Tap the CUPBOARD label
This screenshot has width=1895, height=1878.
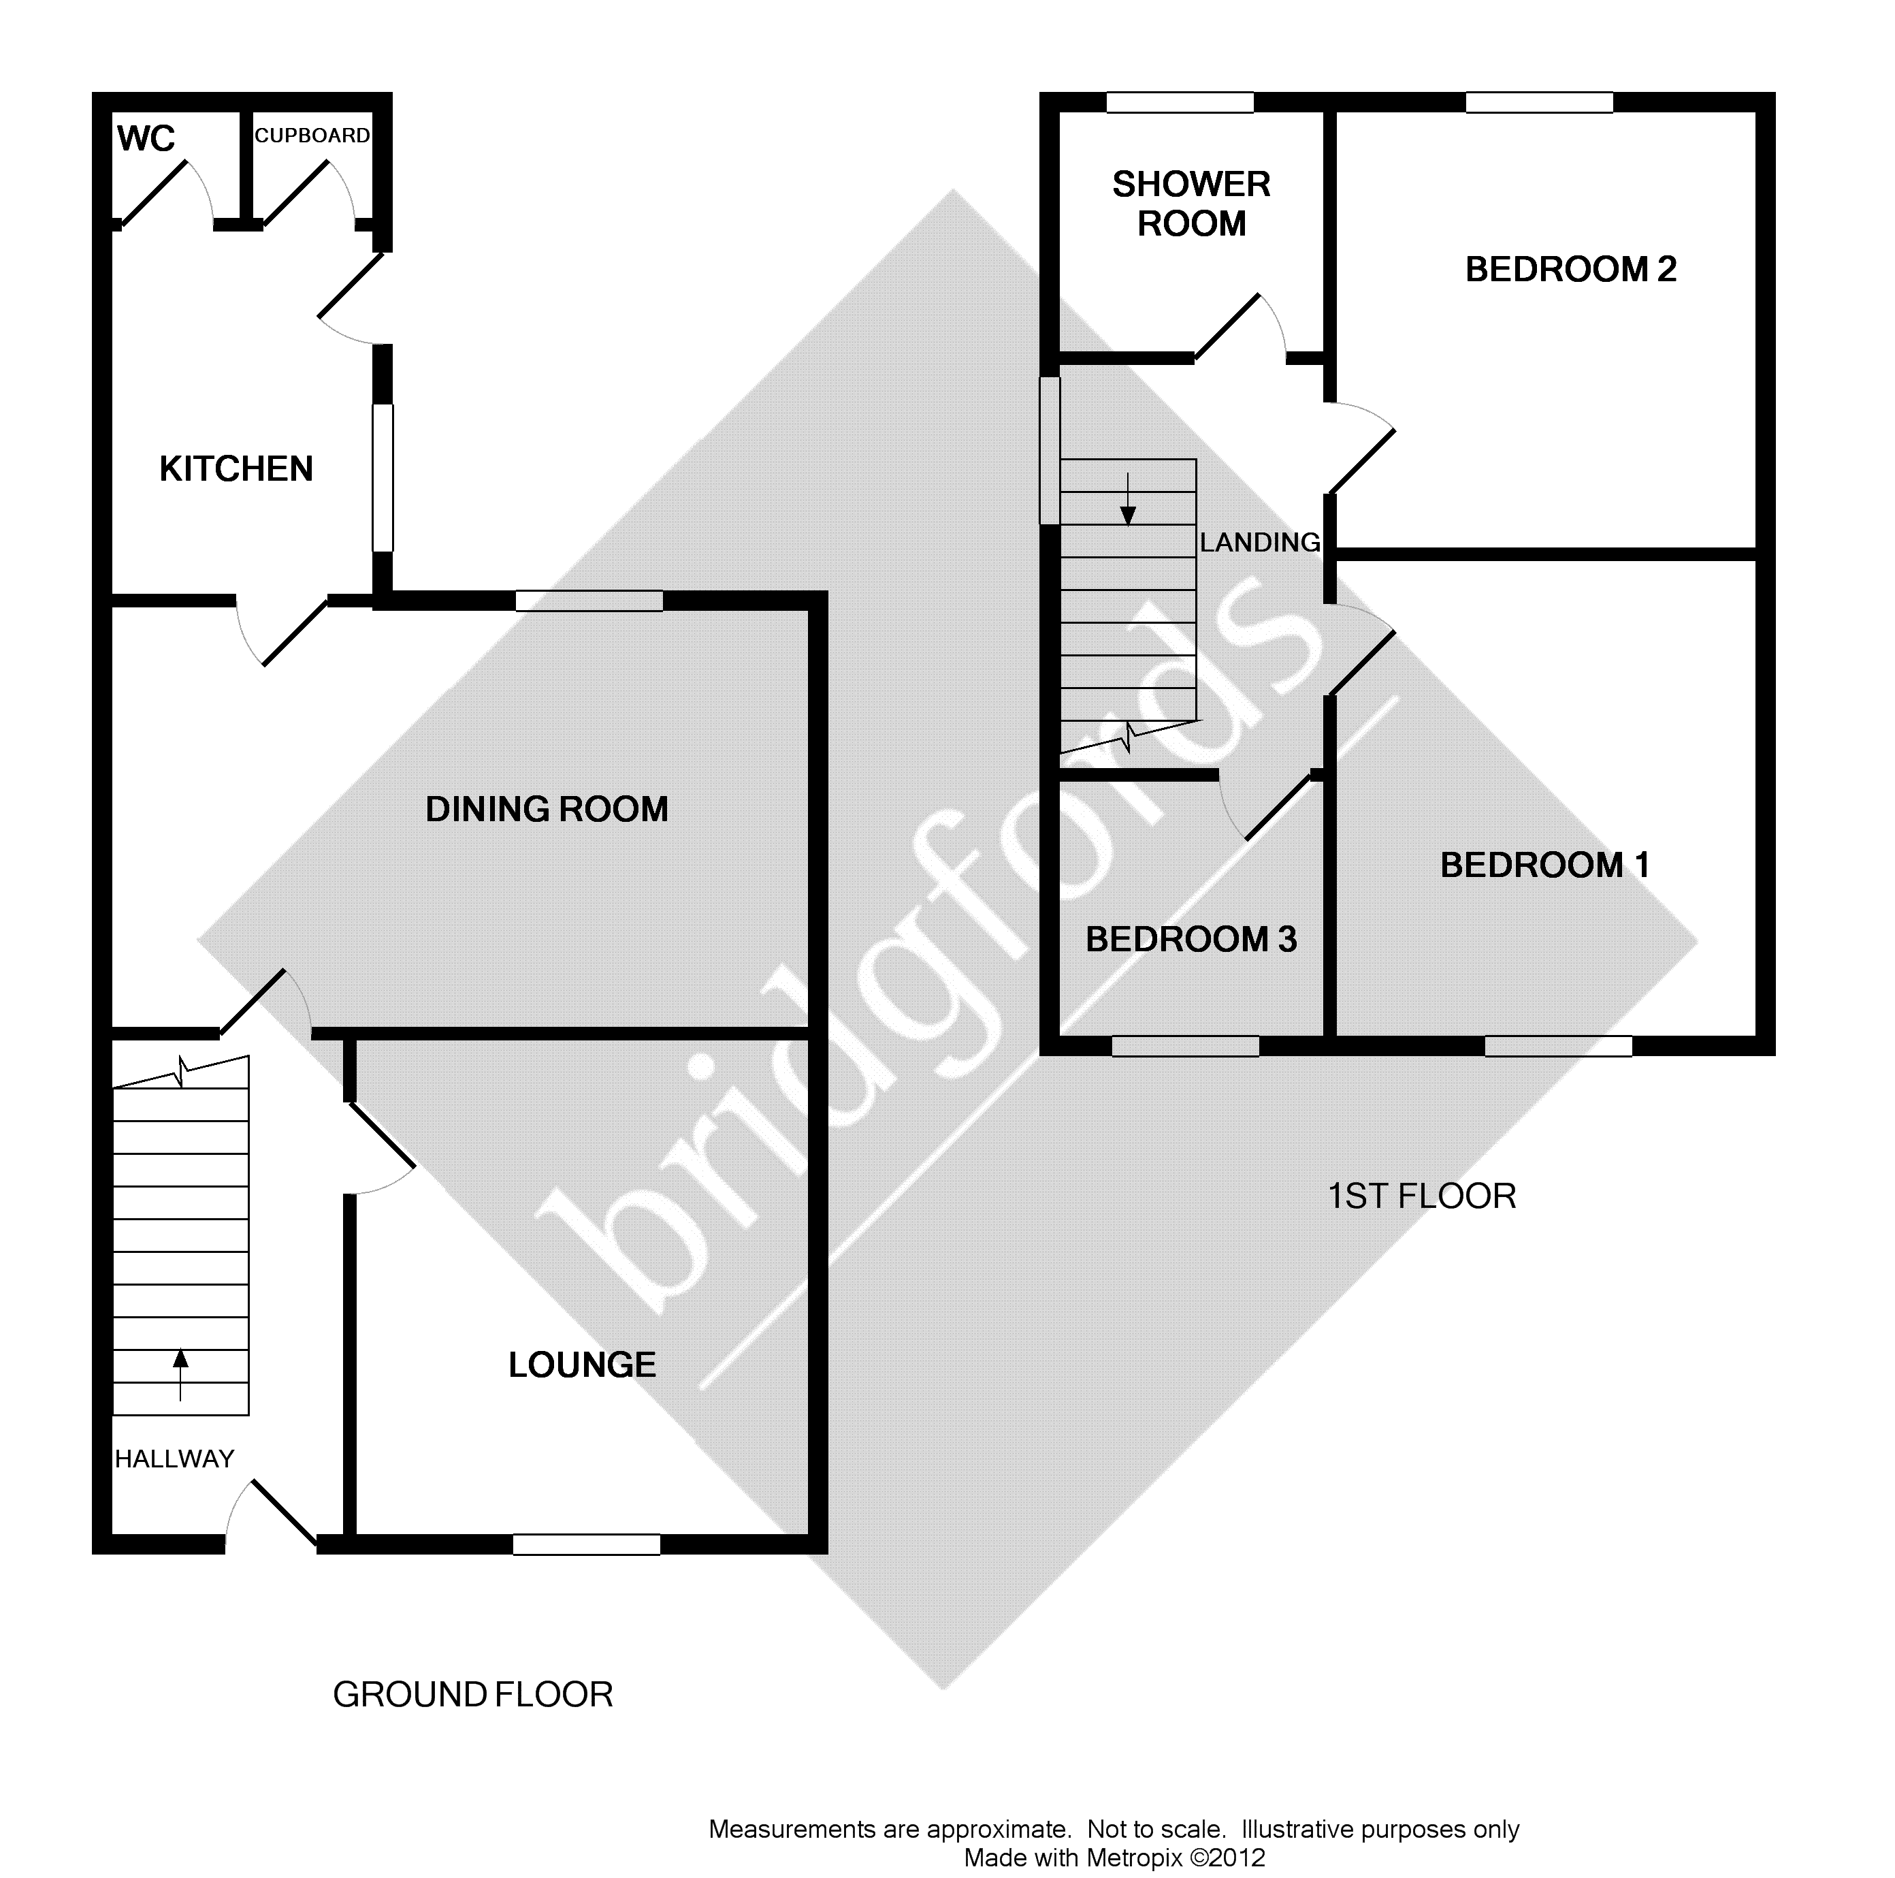[312, 136]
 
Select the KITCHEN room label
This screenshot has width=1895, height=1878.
[236, 469]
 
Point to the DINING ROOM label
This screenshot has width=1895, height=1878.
[547, 810]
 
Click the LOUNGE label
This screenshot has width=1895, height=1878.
[582, 1365]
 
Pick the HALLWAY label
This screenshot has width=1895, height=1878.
[174, 1459]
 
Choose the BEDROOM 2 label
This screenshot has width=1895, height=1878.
[1570, 269]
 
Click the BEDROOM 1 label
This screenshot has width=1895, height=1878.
[1545, 864]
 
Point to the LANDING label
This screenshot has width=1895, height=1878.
[1261, 543]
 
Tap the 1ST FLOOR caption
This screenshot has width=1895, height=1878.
[1421, 1196]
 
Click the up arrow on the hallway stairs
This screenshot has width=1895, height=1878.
[180, 1375]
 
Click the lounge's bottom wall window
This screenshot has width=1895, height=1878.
[587, 1544]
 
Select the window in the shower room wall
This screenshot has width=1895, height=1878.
[1180, 102]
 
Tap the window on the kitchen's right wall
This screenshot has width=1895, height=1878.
[383, 478]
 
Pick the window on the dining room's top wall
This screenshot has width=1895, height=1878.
[589, 601]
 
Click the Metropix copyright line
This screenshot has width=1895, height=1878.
[1114, 1858]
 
